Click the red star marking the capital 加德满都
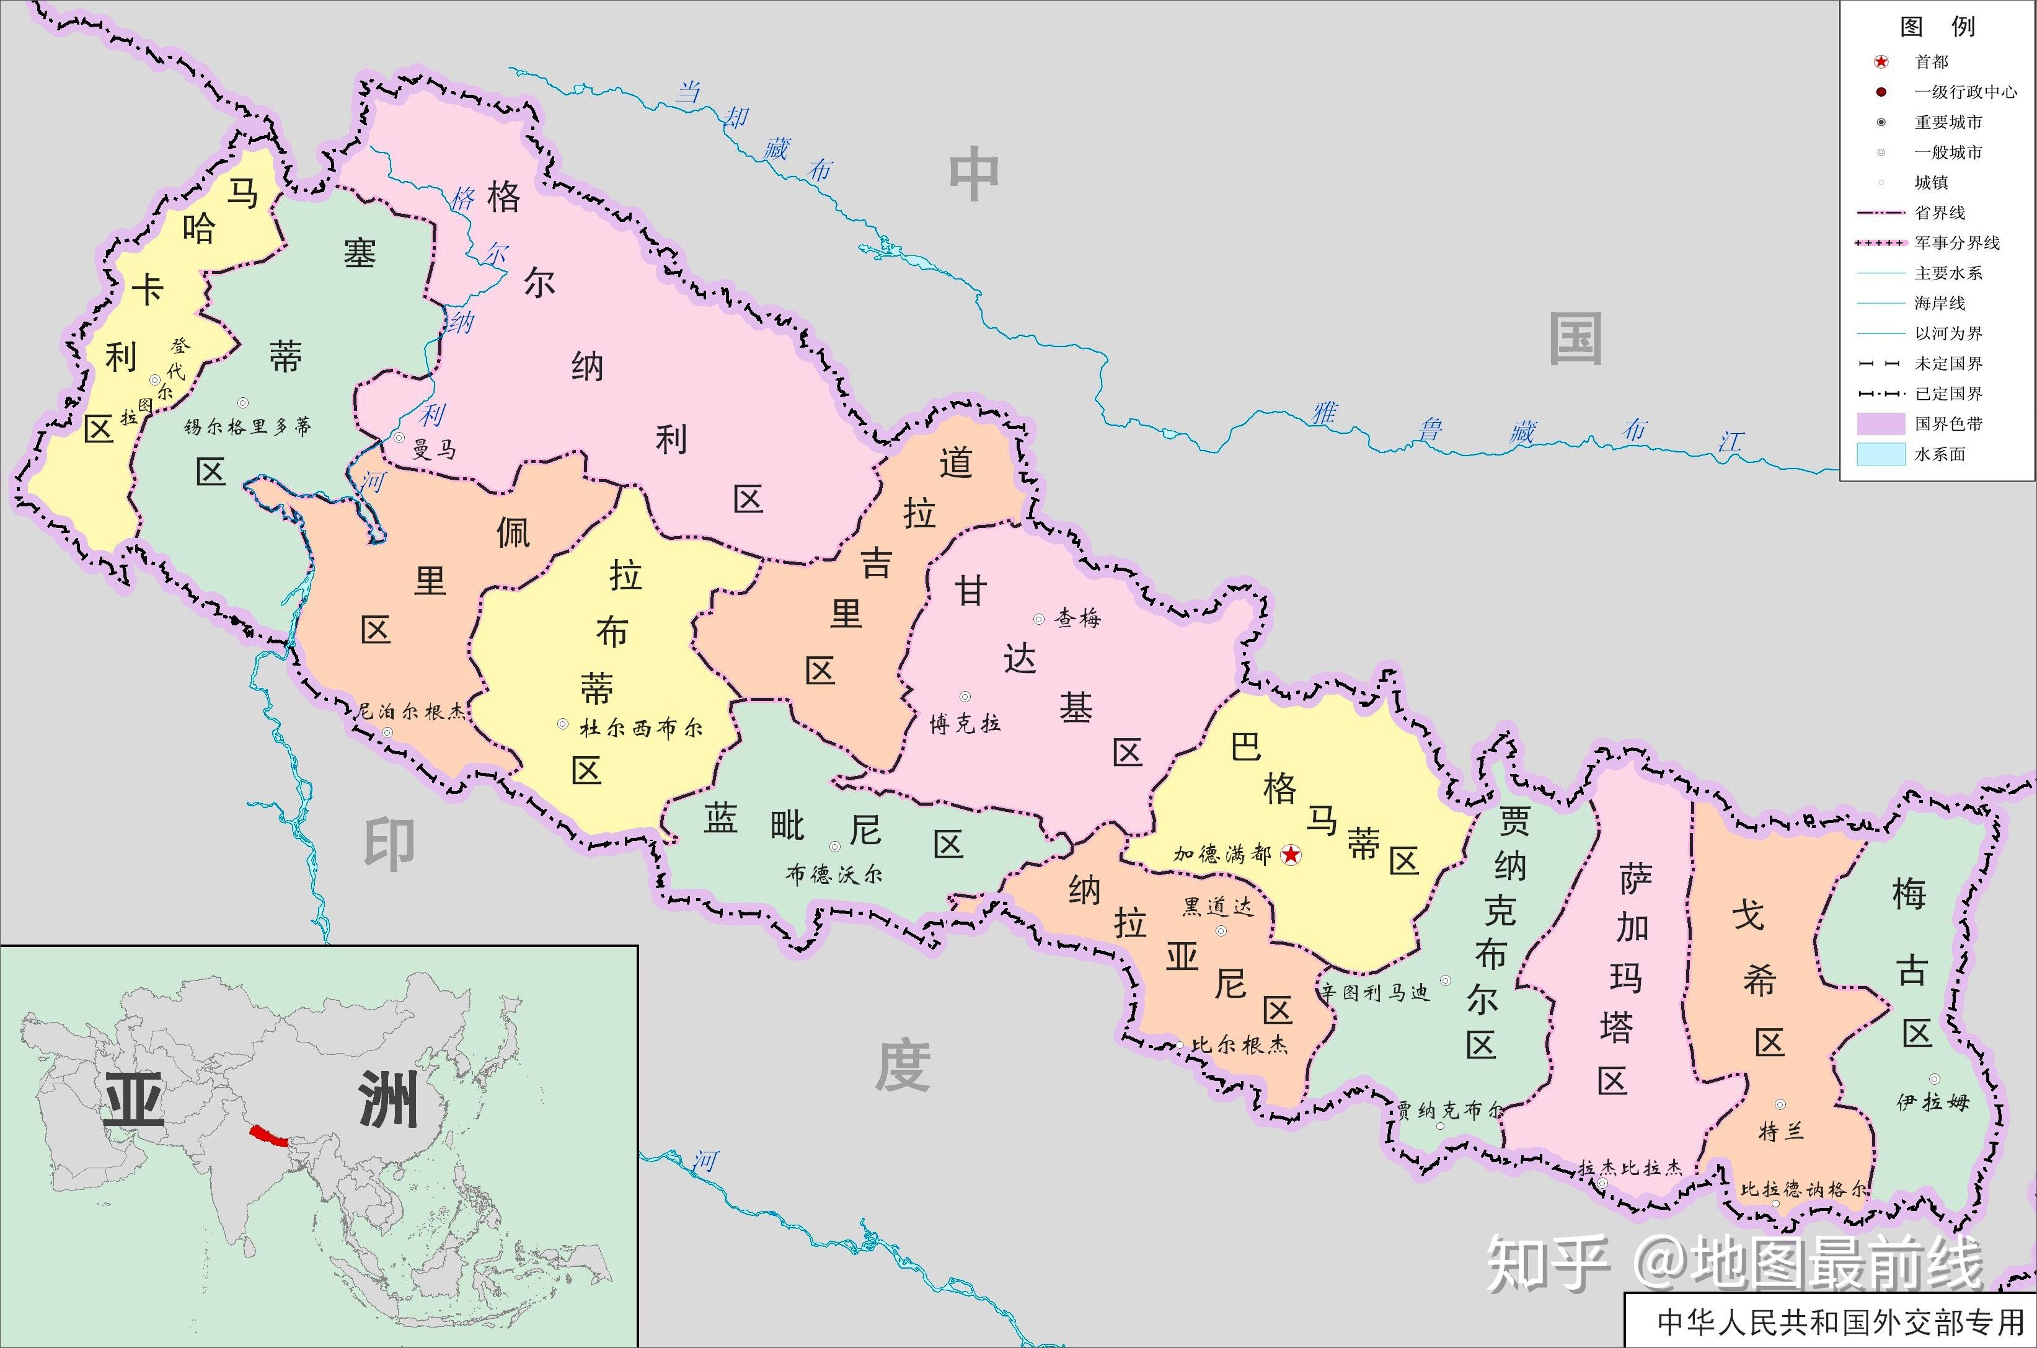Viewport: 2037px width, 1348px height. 1291,855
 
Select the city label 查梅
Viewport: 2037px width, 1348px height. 1077,618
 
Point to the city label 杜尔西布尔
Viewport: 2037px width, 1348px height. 640,728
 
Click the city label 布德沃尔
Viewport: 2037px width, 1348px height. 833,874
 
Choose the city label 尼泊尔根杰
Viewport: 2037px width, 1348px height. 411,711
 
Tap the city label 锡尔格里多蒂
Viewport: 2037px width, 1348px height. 247,426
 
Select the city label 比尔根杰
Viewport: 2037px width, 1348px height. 1239,1044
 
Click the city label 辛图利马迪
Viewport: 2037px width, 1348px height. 1375,993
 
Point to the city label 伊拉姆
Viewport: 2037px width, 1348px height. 1933,1101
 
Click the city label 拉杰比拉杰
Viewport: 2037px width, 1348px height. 1630,1168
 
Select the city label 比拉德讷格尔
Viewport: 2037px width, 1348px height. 1803,1189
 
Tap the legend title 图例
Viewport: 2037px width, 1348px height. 1937,27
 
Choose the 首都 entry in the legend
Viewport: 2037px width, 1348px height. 1931,62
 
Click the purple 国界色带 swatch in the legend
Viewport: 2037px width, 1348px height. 1881,424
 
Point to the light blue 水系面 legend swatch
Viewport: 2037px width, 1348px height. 1881,454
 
